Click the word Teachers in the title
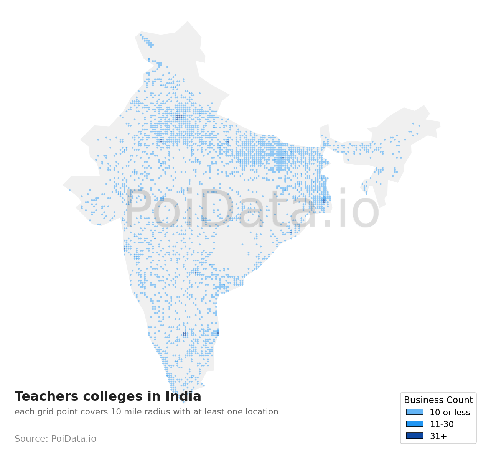[x=43, y=396]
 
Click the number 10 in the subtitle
[x=116, y=412]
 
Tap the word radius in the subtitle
[x=156, y=412]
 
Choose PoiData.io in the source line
[x=74, y=439]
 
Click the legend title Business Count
[x=438, y=400]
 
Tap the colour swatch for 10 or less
[x=415, y=412]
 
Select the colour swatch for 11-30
[x=415, y=424]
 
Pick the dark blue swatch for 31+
[x=415, y=436]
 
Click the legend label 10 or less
[x=450, y=413]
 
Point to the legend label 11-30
[x=442, y=424]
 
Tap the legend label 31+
[x=438, y=436]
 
